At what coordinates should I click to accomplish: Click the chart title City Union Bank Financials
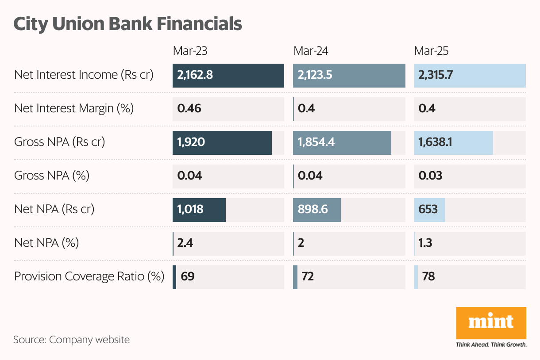pos(127,24)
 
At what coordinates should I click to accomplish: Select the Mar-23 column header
pos(190,51)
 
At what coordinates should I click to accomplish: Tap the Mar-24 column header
pos(311,51)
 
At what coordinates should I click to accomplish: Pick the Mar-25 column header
pos(431,51)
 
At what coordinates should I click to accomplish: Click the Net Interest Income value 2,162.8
pos(195,75)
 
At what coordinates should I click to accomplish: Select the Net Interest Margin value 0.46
pos(189,109)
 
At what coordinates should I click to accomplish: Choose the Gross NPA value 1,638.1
pos(435,142)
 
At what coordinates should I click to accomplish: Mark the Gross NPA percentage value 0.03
pos(430,176)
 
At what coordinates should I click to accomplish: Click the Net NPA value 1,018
pos(190,209)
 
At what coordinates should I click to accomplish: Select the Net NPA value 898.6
pos(313,209)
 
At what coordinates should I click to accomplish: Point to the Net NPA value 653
pos(428,209)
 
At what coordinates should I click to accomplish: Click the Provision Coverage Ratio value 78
pos(428,277)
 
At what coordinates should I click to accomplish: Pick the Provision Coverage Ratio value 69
pos(187,277)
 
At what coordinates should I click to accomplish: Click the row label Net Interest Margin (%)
pos(74,108)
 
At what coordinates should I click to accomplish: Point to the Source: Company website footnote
pos(71,340)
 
